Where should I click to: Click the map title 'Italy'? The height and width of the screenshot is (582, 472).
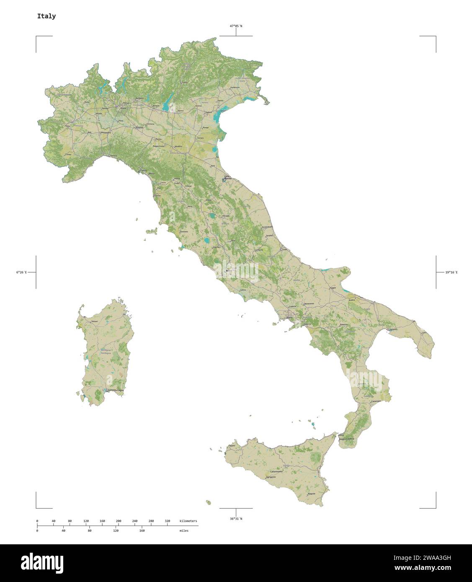pos(46,16)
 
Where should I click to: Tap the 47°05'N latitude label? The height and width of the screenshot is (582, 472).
pos(235,26)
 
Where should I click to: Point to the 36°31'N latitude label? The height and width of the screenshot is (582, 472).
pos(235,519)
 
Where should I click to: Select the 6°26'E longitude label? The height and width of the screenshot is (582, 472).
pos(21,272)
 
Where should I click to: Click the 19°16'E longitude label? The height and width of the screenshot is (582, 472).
pos(451,272)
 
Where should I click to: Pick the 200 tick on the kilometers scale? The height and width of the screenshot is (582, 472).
pos(119,521)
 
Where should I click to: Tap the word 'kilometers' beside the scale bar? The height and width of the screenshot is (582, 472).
pos(188,521)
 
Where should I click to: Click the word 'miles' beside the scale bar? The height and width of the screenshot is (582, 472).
pos(183,530)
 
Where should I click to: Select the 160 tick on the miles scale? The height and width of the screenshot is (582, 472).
pos(142,530)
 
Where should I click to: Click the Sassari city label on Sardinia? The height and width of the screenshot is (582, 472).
pos(95,321)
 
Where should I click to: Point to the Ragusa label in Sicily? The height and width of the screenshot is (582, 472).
pos(311,494)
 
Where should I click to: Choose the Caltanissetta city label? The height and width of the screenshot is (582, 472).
pos(276,471)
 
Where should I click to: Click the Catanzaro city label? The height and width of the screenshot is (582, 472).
pos(376,401)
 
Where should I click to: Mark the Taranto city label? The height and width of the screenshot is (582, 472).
pos(393,330)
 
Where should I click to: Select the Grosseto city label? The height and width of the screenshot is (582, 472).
pos(184,232)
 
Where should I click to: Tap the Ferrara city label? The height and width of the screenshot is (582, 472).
pos(201,138)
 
